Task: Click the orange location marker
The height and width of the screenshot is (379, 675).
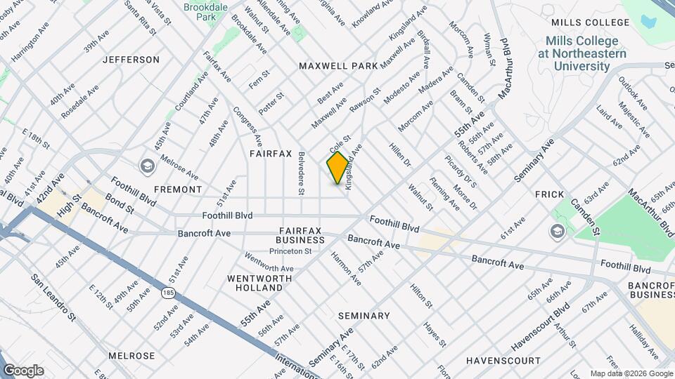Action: click(x=338, y=168)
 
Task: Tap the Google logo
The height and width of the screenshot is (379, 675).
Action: click(x=23, y=371)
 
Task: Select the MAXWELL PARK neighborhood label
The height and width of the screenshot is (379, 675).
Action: click(x=338, y=65)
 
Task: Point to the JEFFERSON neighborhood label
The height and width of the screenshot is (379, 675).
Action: click(x=131, y=60)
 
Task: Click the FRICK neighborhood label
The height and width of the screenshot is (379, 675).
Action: click(x=550, y=194)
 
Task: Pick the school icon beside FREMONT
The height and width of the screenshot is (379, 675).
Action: click(x=148, y=166)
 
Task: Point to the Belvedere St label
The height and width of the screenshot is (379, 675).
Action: click(x=301, y=173)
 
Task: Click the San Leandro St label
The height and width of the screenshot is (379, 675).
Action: click(x=53, y=298)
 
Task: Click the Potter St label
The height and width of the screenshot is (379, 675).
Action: click(x=271, y=103)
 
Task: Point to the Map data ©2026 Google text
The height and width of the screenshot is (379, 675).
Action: click(x=631, y=373)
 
